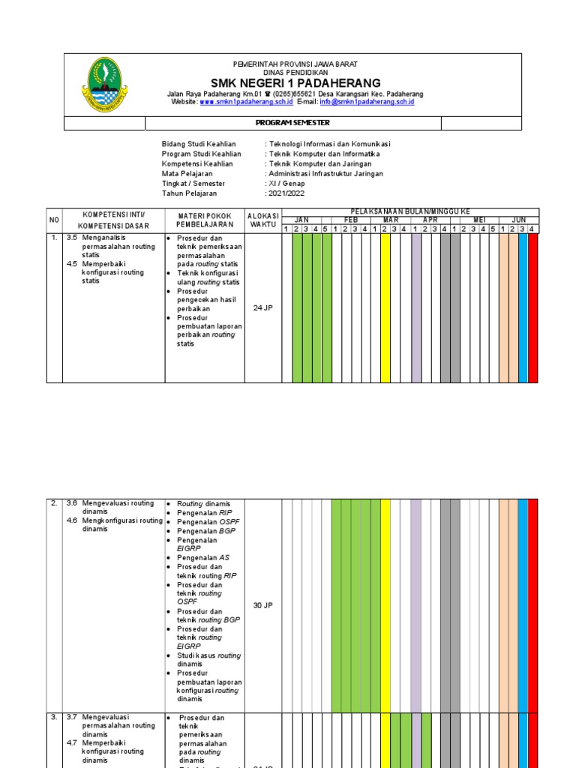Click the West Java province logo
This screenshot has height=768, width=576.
point(104,86)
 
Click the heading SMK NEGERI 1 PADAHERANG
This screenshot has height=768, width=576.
point(295,82)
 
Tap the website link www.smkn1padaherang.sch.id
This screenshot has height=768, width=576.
point(246,102)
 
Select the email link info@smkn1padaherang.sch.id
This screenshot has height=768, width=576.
point(367,102)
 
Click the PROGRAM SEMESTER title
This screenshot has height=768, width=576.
point(292,123)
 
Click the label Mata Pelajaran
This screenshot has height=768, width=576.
point(187,173)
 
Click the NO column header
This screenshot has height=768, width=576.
point(54,220)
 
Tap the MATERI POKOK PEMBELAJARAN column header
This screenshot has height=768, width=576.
point(205,220)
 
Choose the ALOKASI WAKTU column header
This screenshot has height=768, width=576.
point(262,220)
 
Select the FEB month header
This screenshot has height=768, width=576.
point(351,220)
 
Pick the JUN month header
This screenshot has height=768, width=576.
point(519,220)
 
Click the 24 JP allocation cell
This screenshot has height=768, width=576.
point(262,307)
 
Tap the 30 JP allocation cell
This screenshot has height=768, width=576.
point(262,605)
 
